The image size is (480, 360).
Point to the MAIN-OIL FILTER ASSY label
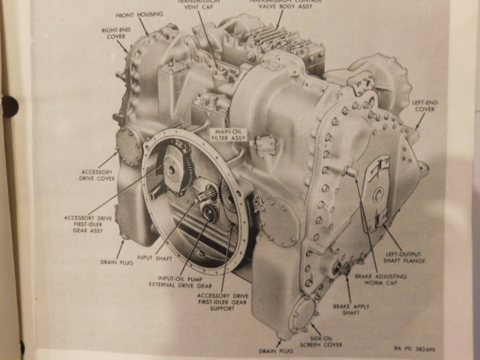click(x=225, y=135)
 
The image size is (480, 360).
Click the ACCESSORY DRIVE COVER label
click(x=96, y=175)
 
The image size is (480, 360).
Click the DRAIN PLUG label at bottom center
click(x=275, y=349)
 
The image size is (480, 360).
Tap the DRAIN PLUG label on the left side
click(x=117, y=262)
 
